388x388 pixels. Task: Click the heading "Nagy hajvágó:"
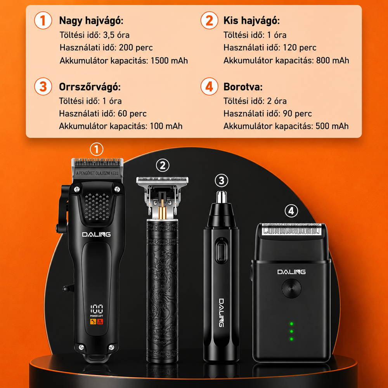pos(91,21)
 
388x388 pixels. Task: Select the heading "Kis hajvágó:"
pos(251,21)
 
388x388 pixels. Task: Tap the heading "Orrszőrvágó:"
pos(90,87)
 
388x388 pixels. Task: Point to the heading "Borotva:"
pos(243,87)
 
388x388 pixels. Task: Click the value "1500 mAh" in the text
pos(169,61)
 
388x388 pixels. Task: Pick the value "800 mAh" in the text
pos(333,61)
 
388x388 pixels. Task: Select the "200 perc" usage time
pos(136,47)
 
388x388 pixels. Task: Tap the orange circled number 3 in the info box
pos(43,87)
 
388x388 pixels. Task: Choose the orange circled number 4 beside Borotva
pos(210,87)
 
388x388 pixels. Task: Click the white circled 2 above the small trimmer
pos(163,166)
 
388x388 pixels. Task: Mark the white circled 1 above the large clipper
pos(96,149)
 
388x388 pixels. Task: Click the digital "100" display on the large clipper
pos(97,309)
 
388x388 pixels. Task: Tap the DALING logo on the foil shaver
pos(291,272)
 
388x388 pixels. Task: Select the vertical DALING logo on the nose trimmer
pos(222,312)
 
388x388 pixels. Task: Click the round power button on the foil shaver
pos(291,289)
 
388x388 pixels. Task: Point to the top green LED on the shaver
pos(291,324)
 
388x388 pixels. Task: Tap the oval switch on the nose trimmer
pos(221,250)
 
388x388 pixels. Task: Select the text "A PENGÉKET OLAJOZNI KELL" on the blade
pos(97,173)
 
